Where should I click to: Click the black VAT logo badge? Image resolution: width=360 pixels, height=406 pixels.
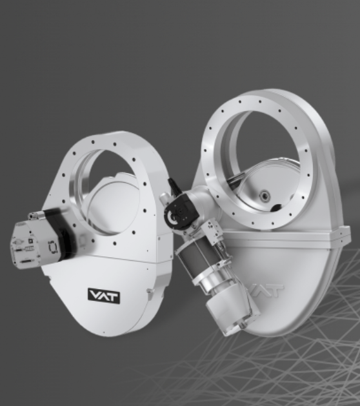pyautogui.click(x=104, y=296)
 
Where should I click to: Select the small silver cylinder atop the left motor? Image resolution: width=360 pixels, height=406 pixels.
pyautogui.click(x=37, y=215)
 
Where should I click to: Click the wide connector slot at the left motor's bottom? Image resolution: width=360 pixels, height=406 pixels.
pyautogui.click(x=26, y=262)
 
